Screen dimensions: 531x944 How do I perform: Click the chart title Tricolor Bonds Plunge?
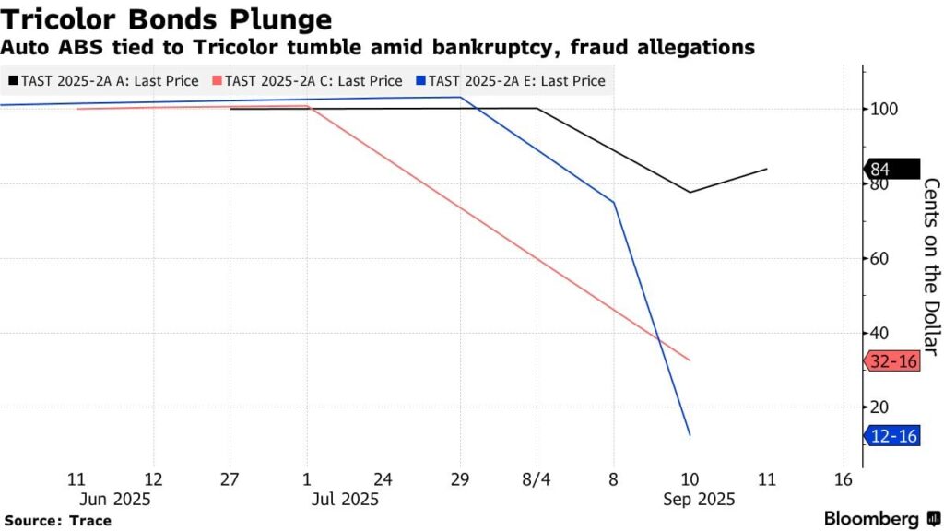tap(167, 18)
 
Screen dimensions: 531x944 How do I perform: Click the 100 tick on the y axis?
tap(884, 109)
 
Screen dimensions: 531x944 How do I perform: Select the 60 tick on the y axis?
tap(880, 258)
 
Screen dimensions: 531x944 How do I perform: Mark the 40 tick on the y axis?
tap(880, 333)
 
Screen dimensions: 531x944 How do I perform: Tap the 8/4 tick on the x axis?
tap(536, 480)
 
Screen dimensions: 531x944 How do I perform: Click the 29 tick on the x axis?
tap(459, 480)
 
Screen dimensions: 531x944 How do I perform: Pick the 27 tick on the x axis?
tap(230, 480)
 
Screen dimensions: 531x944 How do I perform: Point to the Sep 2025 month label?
tap(698, 499)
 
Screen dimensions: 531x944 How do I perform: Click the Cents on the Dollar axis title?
tap(931, 267)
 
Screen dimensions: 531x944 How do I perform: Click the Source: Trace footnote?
tap(57, 521)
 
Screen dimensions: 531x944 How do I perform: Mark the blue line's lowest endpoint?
tap(690, 434)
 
